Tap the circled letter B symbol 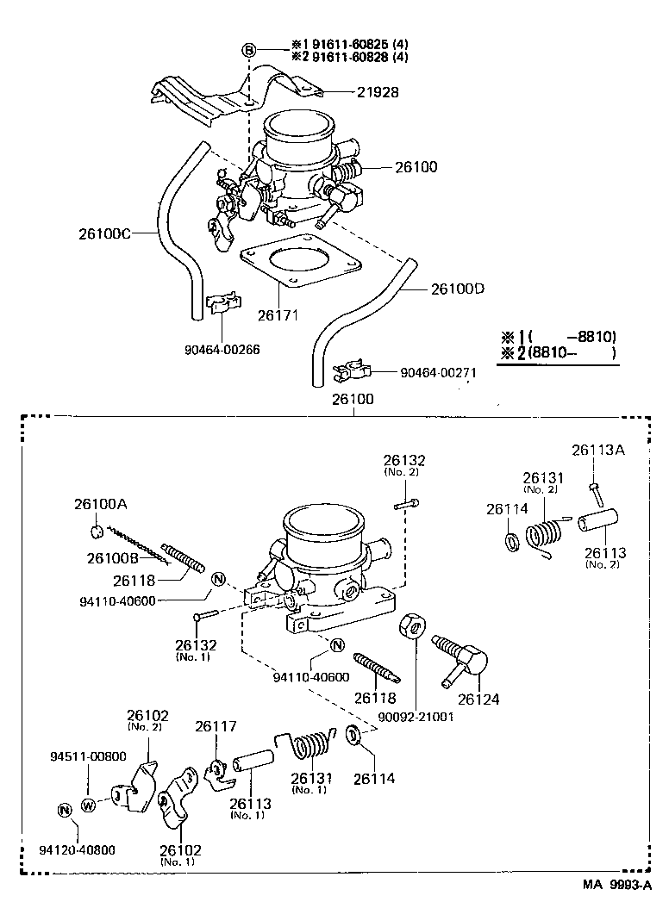tap(248, 51)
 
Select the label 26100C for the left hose tap(104, 233)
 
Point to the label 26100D tap(457, 289)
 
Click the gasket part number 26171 tap(278, 315)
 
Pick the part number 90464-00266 tap(222, 349)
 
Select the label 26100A tap(100, 504)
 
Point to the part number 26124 tap(478, 700)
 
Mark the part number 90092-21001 tap(416, 716)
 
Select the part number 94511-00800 tap(87, 756)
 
